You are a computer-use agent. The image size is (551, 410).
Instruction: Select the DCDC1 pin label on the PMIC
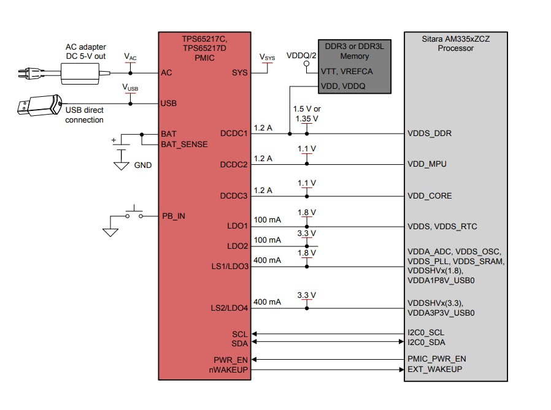[234, 134]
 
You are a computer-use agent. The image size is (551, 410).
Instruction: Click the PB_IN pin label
[173, 216]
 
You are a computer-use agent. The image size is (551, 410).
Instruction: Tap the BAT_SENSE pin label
[184, 145]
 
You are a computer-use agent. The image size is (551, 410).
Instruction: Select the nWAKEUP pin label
[229, 370]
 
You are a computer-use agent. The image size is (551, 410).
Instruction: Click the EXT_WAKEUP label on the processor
[435, 370]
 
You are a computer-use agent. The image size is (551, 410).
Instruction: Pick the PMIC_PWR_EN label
[437, 359]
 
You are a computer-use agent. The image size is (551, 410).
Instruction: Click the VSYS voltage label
[268, 58]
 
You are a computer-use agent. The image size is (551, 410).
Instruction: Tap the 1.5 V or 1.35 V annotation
[307, 113]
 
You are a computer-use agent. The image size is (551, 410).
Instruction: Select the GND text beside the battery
[142, 165]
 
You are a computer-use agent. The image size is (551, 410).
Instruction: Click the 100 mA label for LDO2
[267, 240]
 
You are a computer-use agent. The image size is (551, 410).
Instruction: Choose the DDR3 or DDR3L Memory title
[355, 51]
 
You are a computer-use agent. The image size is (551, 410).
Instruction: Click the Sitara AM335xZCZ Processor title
[455, 43]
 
